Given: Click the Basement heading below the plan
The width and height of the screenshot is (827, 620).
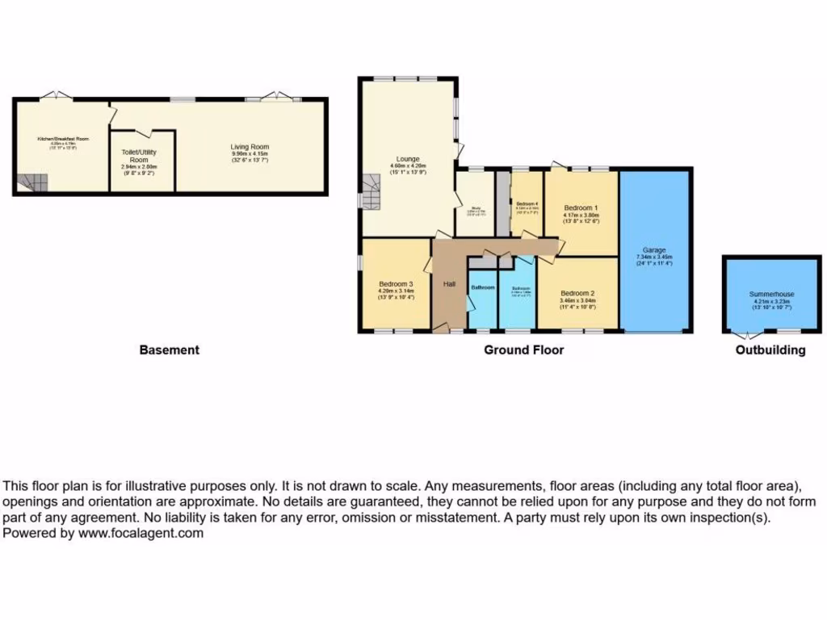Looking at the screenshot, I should pyautogui.click(x=169, y=350).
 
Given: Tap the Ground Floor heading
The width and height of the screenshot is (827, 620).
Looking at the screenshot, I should pyautogui.click(x=523, y=350).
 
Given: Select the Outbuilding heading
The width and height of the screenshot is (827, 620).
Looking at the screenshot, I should pyautogui.click(x=770, y=350).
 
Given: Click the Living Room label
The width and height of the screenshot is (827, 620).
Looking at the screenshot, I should pyautogui.click(x=250, y=147).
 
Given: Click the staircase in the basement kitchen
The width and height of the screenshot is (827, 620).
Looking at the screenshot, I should pyautogui.click(x=32, y=183).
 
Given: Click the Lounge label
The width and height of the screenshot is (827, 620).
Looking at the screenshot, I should pyautogui.click(x=408, y=159).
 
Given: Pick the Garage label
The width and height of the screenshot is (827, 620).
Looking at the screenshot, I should pyautogui.click(x=654, y=249).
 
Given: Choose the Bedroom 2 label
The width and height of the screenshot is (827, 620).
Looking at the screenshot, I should pyautogui.click(x=577, y=293).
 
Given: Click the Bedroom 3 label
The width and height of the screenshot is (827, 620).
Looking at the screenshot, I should pyautogui.click(x=396, y=284).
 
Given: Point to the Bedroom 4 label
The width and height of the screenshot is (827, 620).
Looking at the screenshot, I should pyautogui.click(x=527, y=203).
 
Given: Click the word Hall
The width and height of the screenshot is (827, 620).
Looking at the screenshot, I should pyautogui.click(x=450, y=284).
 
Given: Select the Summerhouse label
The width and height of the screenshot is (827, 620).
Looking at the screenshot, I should pyautogui.click(x=771, y=294).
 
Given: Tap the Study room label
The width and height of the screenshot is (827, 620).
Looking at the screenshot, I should pyautogui.click(x=476, y=208).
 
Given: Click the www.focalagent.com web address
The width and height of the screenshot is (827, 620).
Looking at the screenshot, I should pyautogui.click(x=141, y=533).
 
